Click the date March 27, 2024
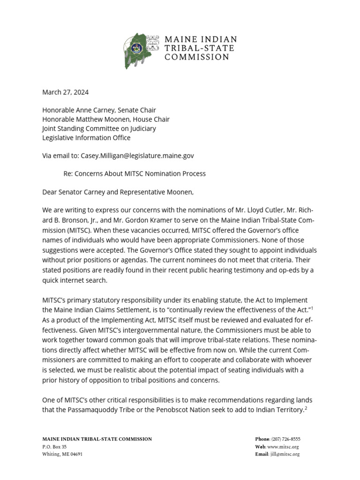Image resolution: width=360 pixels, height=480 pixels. [65, 92]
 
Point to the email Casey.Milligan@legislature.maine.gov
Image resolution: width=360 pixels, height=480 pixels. [137, 156]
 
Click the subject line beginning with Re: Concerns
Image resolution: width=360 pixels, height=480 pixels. [135, 174]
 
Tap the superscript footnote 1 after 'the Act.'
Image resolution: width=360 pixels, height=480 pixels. [312, 307]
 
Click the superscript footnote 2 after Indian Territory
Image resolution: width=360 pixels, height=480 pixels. [306, 407]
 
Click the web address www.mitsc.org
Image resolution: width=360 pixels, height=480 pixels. [283, 447]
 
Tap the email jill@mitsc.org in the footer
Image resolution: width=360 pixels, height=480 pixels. [285, 454]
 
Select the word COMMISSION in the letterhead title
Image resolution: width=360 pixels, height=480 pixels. [197, 57]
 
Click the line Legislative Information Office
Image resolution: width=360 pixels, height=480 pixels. [86, 138]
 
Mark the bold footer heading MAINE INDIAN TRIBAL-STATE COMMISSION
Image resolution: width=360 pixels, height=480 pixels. [97, 439]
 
